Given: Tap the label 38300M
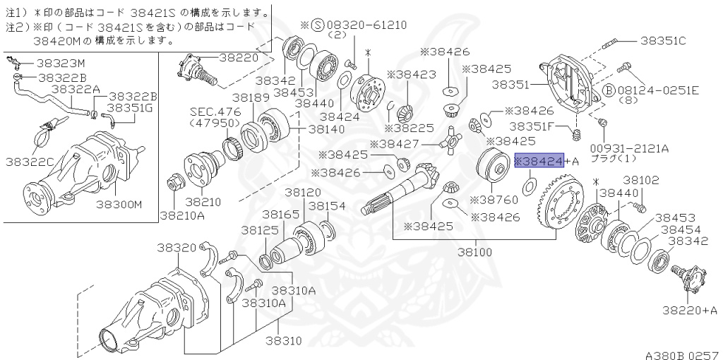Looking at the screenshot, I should tap(119, 204).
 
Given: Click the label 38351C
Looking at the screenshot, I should tap(662, 40).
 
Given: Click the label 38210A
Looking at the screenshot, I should tap(182, 215).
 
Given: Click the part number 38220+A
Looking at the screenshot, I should tap(690, 309).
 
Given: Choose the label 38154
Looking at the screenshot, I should tap(326, 206).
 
